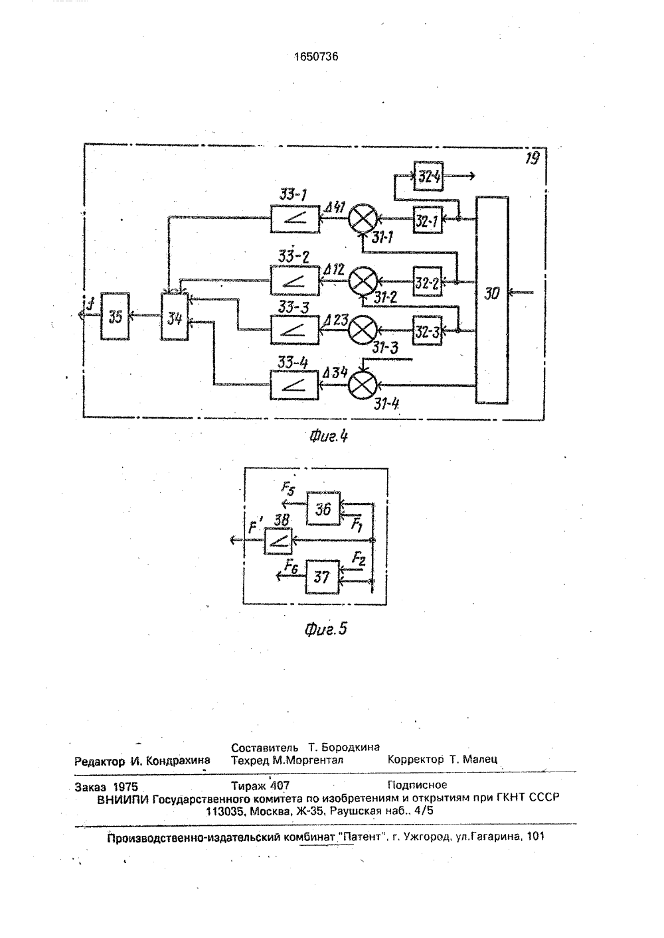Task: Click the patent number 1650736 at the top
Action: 316,56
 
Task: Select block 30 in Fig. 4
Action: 492,300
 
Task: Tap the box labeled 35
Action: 115,316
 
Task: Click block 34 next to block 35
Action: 175,316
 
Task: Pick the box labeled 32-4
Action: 428,176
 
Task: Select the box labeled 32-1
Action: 428,220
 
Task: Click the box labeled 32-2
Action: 428,281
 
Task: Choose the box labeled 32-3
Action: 427,330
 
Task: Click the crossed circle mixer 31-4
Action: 363,385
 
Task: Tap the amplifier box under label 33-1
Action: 295,219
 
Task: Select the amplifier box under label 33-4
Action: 294,385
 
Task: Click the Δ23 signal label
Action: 336,320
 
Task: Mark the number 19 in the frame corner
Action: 532,159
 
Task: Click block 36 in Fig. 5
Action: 323,508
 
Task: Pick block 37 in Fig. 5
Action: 322,577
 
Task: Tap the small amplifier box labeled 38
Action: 278,541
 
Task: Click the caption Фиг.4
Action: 329,436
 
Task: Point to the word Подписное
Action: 418,784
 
